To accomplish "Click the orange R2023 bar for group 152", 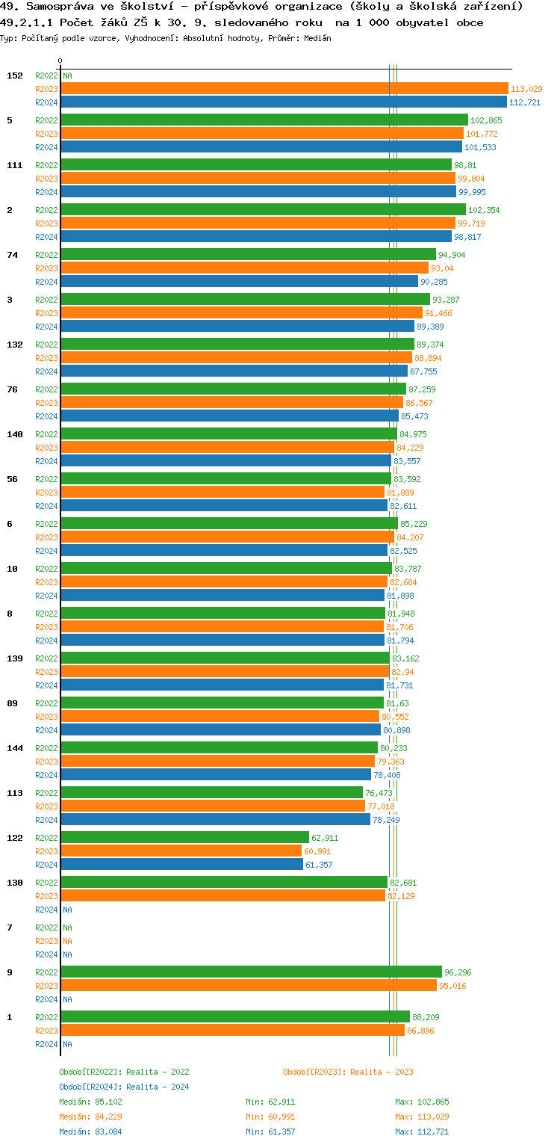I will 284,89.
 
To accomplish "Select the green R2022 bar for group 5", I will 264,120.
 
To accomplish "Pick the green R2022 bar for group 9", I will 251,972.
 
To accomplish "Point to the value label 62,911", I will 325,838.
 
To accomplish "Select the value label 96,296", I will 458,972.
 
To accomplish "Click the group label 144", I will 15,748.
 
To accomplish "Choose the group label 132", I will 15,345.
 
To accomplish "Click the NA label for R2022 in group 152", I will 67,75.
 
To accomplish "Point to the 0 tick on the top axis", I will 60,61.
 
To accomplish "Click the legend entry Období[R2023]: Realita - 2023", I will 348,1072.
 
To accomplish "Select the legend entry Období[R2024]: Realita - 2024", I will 124,1087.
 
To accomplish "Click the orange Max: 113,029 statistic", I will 422,1117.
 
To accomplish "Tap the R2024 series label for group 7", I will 46,954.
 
